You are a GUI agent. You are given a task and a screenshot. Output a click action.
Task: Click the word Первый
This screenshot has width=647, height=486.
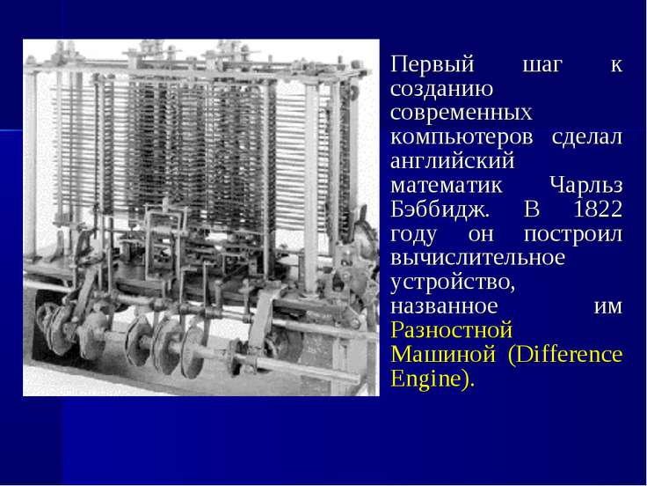(x=432, y=65)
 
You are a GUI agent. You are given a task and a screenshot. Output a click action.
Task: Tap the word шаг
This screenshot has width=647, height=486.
(x=542, y=66)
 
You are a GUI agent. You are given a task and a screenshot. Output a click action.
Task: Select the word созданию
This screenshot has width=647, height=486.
(x=441, y=90)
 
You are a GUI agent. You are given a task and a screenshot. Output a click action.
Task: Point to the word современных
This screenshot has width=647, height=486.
(x=462, y=114)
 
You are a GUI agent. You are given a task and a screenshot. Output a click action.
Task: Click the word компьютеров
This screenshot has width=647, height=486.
(x=462, y=138)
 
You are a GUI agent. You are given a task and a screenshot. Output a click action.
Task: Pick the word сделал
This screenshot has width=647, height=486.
(x=586, y=137)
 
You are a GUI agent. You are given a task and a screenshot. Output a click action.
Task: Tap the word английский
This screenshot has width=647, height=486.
(x=452, y=160)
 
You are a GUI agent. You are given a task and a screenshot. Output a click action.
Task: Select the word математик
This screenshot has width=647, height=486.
(x=446, y=186)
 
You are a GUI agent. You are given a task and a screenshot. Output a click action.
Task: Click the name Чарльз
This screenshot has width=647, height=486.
(x=586, y=185)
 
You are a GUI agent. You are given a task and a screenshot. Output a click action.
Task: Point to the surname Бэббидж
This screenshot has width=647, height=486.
(x=439, y=210)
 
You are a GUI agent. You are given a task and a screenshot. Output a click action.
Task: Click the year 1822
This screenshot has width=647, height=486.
(x=598, y=210)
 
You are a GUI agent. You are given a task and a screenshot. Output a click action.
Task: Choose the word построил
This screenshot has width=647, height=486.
(x=573, y=235)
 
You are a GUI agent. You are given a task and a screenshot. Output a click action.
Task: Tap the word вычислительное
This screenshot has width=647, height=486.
(x=477, y=258)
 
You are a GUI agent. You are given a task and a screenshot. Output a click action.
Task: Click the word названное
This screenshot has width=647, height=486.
(x=444, y=306)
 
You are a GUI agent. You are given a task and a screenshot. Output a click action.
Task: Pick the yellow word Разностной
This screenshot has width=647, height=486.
(x=452, y=330)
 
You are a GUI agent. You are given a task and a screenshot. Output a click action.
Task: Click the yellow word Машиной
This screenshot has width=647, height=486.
(x=443, y=354)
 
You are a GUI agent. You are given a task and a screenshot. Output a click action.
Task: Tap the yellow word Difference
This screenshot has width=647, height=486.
(x=569, y=354)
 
